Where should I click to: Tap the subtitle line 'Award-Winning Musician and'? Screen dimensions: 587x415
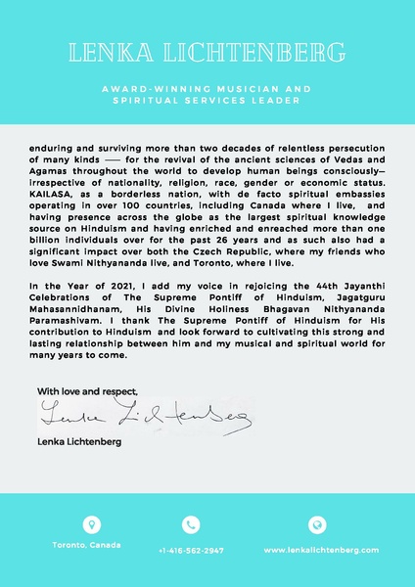(x=207, y=88)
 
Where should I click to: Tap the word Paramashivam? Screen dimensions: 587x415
(x=68, y=318)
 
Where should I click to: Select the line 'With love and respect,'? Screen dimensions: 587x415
(x=87, y=391)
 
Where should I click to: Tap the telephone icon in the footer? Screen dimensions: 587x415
(x=191, y=524)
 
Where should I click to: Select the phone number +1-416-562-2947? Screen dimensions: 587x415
(x=191, y=550)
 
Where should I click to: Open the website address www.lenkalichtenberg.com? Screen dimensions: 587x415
(x=321, y=550)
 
